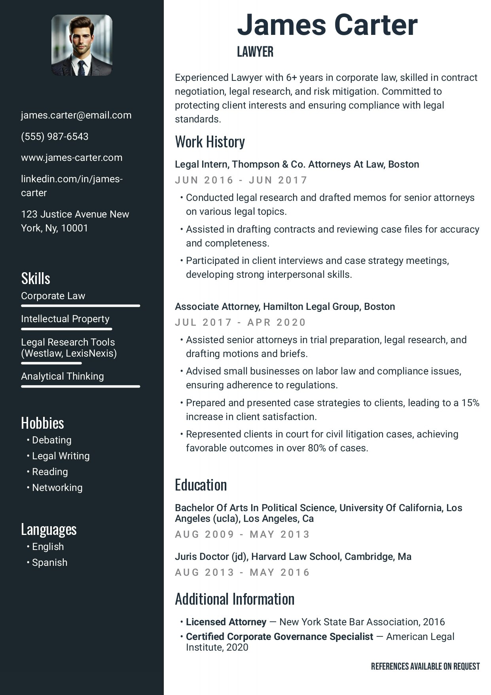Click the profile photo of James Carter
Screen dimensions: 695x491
click(x=82, y=45)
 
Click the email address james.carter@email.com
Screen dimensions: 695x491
click(x=76, y=115)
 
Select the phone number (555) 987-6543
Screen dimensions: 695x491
click(x=55, y=137)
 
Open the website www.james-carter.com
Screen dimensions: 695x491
click(x=72, y=158)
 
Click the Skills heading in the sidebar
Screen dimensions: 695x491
click(x=36, y=279)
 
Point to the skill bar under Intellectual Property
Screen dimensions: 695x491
click(x=66, y=329)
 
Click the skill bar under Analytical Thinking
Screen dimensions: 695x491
click(x=80, y=386)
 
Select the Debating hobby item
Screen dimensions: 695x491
click(x=51, y=440)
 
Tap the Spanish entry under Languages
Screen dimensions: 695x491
click(x=49, y=563)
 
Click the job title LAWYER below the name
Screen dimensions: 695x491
click(x=255, y=52)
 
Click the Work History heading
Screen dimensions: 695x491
click(x=210, y=142)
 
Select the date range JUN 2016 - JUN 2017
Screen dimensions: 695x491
click(x=241, y=180)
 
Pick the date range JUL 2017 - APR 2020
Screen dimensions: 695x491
click(x=241, y=323)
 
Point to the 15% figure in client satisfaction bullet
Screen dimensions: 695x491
click(x=470, y=403)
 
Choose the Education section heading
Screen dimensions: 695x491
click(x=201, y=485)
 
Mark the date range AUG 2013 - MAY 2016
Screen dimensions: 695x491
click(x=242, y=573)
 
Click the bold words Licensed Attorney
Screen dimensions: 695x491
click(x=226, y=622)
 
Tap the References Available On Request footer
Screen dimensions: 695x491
click(x=425, y=666)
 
